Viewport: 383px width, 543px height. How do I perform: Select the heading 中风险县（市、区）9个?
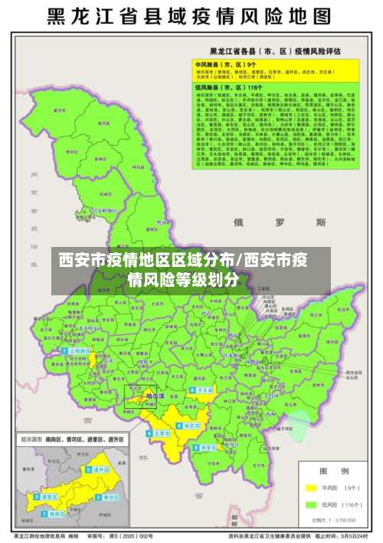pos(227,64)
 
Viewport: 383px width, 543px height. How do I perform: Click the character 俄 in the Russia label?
pos(239,222)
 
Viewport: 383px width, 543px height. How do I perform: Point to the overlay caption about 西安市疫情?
pos(191,268)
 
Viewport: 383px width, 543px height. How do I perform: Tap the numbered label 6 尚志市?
pos(188,424)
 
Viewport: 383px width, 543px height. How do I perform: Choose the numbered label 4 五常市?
pos(159,433)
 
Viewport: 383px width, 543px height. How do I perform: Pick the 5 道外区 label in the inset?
pos(97,470)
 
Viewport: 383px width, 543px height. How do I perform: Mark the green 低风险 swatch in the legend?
pos(310,505)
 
